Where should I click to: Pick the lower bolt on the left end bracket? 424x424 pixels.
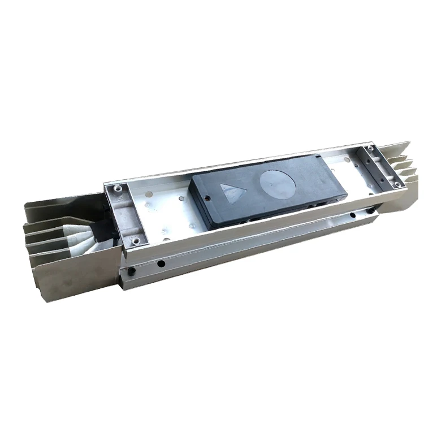(136, 242)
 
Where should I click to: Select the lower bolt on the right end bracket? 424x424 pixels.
(397, 184)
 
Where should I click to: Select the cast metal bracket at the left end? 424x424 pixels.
(124, 215)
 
